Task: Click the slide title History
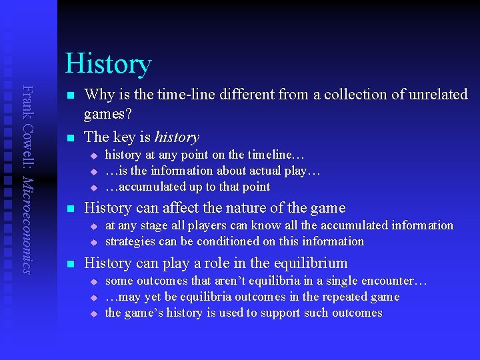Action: point(109,64)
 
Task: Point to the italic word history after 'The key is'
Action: point(177,137)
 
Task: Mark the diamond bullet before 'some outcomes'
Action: point(95,281)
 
